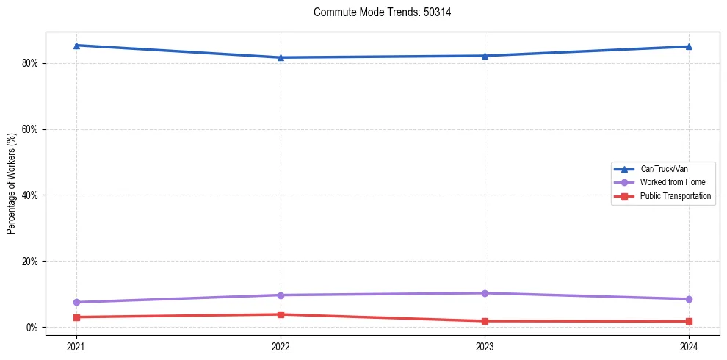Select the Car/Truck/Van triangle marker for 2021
76,46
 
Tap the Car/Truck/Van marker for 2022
281,57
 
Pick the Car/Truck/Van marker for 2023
485,56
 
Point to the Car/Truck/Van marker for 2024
689,46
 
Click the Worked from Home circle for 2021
76,302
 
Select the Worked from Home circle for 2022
281,295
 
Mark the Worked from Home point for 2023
485,293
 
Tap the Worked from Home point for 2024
689,299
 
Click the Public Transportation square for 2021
76,317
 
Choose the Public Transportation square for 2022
281,314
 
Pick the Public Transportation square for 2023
485,321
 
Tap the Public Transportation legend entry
675,196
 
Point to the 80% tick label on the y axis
29,63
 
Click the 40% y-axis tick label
29,195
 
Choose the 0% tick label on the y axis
32,327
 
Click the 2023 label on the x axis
485,346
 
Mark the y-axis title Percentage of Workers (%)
12,184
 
